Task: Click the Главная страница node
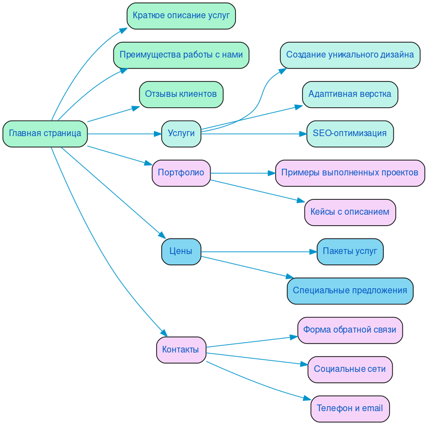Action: coord(45,134)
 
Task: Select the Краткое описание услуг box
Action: coord(181,15)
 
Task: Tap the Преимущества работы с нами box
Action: coord(181,55)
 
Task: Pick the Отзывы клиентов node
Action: coord(181,94)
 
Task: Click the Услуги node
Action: coord(181,134)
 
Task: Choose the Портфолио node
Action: coord(181,173)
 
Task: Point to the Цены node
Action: coord(181,252)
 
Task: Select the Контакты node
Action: coord(181,350)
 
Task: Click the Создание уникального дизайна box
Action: coord(350,55)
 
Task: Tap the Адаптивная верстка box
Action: coord(350,94)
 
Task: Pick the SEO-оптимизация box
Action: coord(350,134)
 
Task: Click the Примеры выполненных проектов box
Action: coord(350,173)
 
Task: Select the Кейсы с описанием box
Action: coord(350,212)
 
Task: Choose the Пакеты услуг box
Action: coord(350,252)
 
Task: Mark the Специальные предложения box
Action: coord(350,291)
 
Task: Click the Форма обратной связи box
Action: coord(350,330)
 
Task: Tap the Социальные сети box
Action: coord(350,370)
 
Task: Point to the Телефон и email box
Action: coord(350,409)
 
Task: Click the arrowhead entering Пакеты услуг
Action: coord(312,252)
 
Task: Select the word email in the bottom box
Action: coord(372,409)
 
